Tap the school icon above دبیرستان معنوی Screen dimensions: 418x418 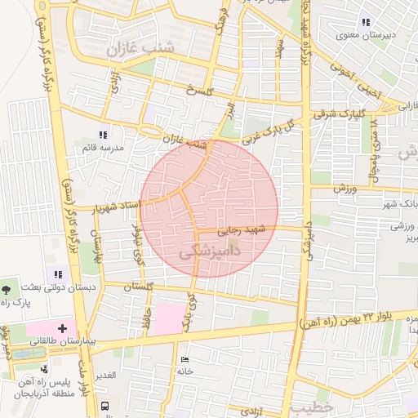tap(365, 22)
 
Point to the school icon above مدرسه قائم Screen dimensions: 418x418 tap(102, 135)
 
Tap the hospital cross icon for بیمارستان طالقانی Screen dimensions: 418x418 tap(62, 327)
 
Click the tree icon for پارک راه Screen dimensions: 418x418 tap(7, 289)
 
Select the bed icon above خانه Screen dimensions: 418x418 tap(184, 359)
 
